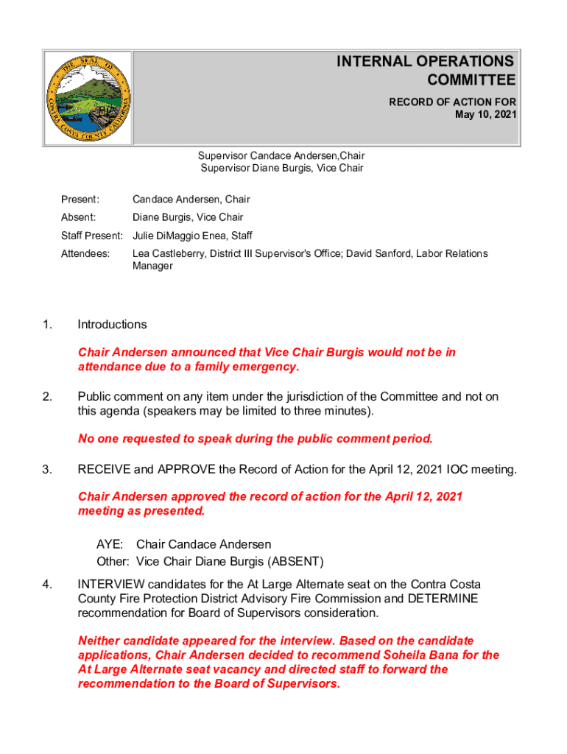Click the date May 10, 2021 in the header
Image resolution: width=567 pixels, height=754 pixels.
tap(486, 114)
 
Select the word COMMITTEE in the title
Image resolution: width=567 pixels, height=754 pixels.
tap(471, 80)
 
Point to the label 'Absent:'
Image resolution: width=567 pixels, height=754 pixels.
tap(78, 217)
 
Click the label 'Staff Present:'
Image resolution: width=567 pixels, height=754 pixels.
tap(91, 236)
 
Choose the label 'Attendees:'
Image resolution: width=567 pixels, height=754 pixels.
tap(85, 253)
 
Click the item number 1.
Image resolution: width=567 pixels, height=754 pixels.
tap(47, 325)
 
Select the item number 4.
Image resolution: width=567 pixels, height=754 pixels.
tap(47, 585)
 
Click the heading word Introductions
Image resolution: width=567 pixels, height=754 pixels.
tap(113, 325)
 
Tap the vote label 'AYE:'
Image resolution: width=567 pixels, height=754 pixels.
tap(110, 544)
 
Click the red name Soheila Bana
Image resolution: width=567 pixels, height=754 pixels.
tap(411, 655)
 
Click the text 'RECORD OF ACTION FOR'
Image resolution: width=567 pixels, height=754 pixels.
tap(452, 102)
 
